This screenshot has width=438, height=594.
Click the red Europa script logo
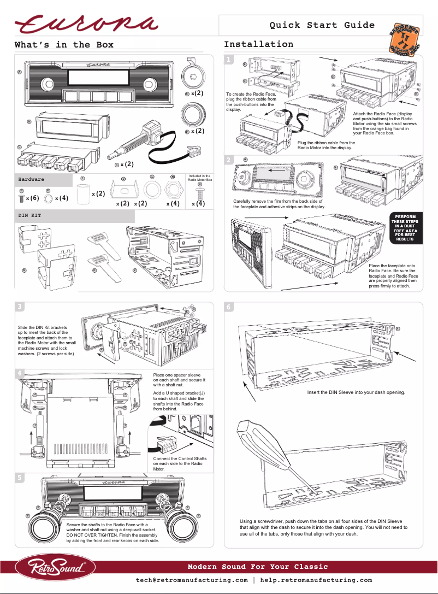(86, 25)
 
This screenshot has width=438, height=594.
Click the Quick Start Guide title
(322, 25)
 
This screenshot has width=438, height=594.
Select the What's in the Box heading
(64, 45)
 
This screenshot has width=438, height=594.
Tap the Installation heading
(258, 44)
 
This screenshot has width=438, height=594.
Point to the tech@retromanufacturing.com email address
(192, 580)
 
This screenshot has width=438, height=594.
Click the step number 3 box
(20, 307)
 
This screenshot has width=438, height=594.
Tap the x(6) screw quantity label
(33, 198)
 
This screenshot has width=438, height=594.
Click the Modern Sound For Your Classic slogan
(258, 566)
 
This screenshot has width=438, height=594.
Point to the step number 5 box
(20, 477)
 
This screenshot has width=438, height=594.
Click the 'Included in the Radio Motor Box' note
(199, 178)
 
